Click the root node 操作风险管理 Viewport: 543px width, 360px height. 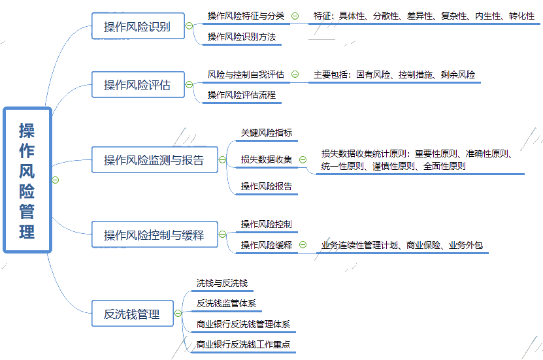click(27, 180)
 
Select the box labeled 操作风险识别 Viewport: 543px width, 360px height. click(137, 27)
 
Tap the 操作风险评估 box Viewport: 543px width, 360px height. click(137, 85)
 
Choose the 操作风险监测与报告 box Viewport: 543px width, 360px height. click(154, 160)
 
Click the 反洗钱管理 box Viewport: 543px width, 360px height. click(132, 314)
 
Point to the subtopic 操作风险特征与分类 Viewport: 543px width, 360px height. click(246, 16)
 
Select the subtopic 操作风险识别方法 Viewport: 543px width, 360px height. click(242, 37)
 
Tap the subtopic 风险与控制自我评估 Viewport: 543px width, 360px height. click(246, 74)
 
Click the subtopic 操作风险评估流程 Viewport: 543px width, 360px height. click(242, 95)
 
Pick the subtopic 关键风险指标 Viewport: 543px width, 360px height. click(267, 133)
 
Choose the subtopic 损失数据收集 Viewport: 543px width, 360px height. click(267, 159)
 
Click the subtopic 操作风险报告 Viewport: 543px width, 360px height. click(267, 186)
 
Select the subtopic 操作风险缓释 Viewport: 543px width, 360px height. click(267, 246)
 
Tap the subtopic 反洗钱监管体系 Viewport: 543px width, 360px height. click(226, 304)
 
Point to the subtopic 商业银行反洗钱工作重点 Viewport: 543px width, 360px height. click(243, 344)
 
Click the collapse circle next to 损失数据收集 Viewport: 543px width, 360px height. click(304, 159)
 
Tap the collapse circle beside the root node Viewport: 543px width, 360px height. click(56, 180)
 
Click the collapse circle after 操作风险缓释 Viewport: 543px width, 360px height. click(303, 246)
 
